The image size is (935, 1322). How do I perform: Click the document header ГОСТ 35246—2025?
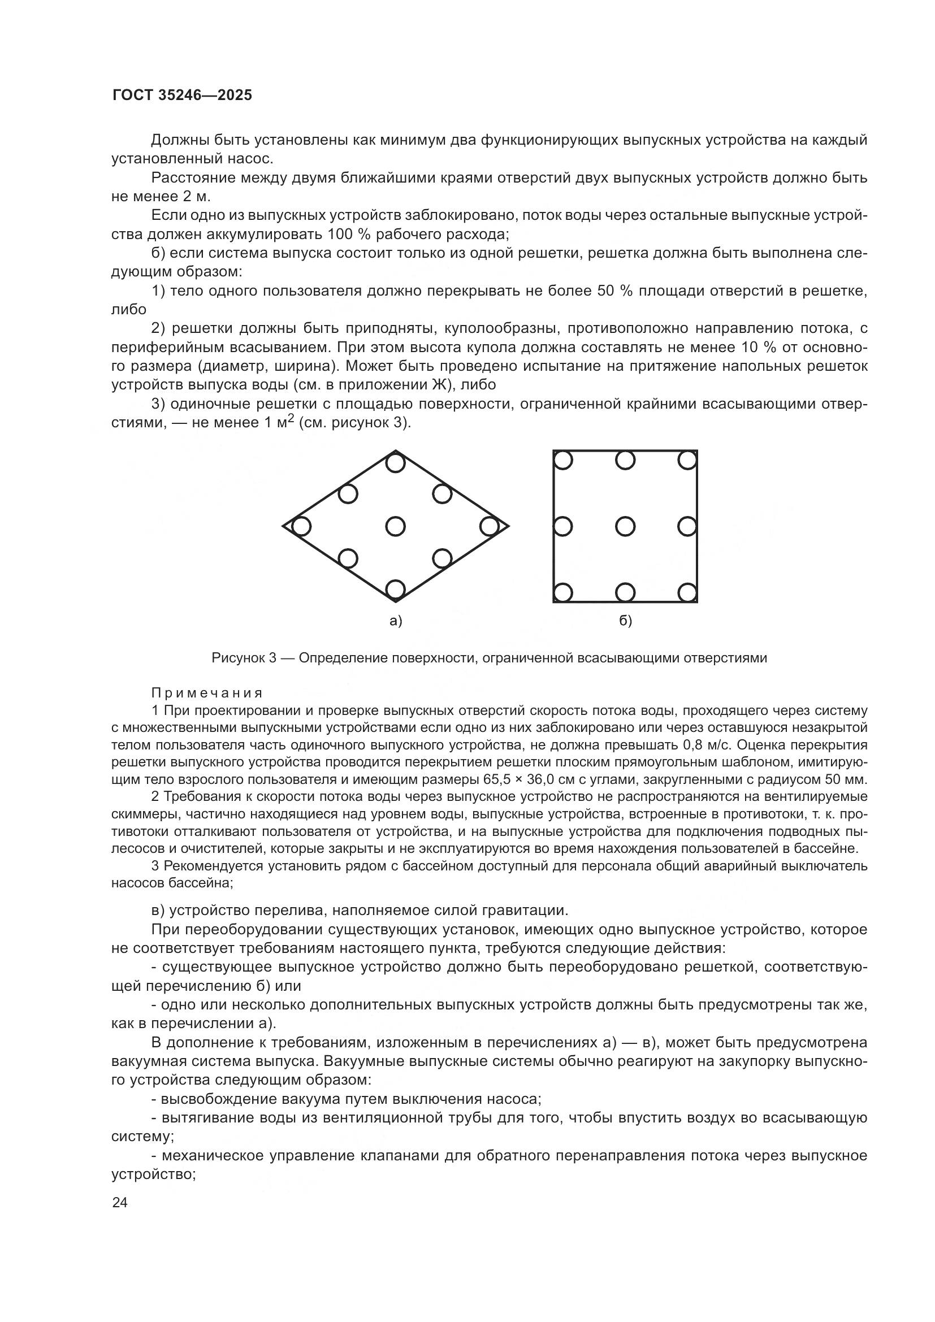(x=182, y=96)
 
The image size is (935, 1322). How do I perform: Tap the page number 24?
(x=120, y=1202)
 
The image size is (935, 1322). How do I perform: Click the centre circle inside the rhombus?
(x=395, y=526)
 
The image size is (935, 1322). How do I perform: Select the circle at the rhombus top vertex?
(x=395, y=463)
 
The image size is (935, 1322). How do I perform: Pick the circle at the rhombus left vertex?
(x=301, y=526)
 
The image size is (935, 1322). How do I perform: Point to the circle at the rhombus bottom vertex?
(x=395, y=589)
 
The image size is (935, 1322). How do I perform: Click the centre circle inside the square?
(x=625, y=526)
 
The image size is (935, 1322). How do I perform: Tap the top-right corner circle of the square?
(x=687, y=460)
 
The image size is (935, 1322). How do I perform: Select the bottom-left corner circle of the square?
(x=563, y=592)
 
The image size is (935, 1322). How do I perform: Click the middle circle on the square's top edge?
(x=625, y=460)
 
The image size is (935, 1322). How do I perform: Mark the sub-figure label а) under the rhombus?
(x=396, y=621)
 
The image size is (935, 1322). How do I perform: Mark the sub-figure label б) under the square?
(x=625, y=621)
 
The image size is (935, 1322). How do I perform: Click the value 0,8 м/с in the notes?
(x=707, y=745)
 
